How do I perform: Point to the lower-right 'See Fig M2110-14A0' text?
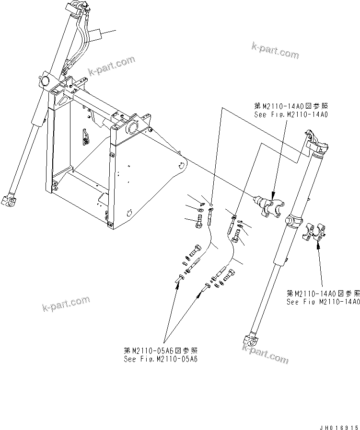(x=323, y=302)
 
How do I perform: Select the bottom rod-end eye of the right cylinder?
(x=250, y=340)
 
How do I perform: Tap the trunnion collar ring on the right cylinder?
(x=293, y=221)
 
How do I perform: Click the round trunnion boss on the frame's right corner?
(x=132, y=128)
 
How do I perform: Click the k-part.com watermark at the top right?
(x=275, y=50)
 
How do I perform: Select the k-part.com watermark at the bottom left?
(x=66, y=304)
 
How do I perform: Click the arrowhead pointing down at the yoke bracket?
(x=273, y=195)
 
